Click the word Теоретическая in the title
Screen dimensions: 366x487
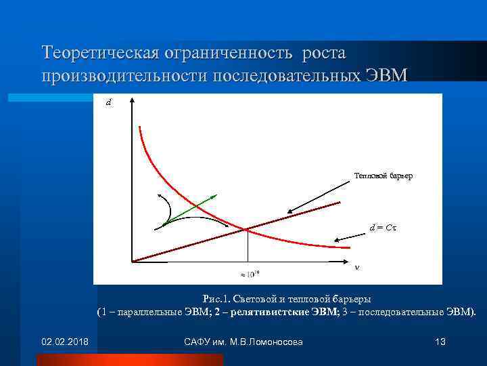tap(98, 53)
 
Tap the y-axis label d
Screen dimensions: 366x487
tap(109, 104)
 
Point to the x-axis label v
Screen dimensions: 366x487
tap(357, 266)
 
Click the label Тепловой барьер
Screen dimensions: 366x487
tap(383, 176)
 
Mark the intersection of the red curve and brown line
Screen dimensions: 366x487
tap(246, 229)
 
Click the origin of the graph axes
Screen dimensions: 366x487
tap(131, 261)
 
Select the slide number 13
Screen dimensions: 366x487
tap(440, 341)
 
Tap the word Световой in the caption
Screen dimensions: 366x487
tap(257, 299)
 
